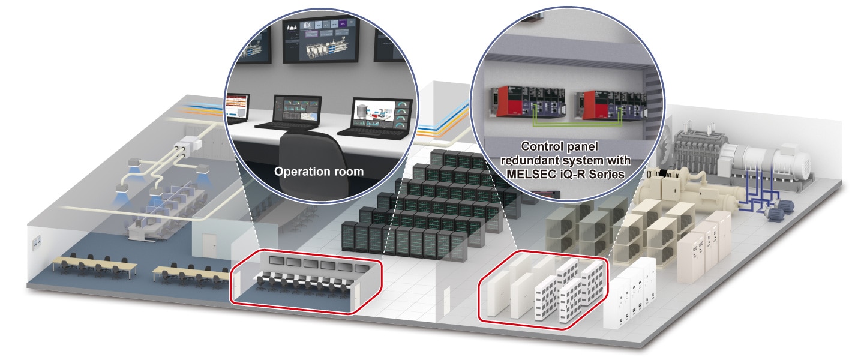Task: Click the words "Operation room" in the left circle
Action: pyautogui.click(x=319, y=172)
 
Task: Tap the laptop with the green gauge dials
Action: pyautogui.click(x=379, y=115)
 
